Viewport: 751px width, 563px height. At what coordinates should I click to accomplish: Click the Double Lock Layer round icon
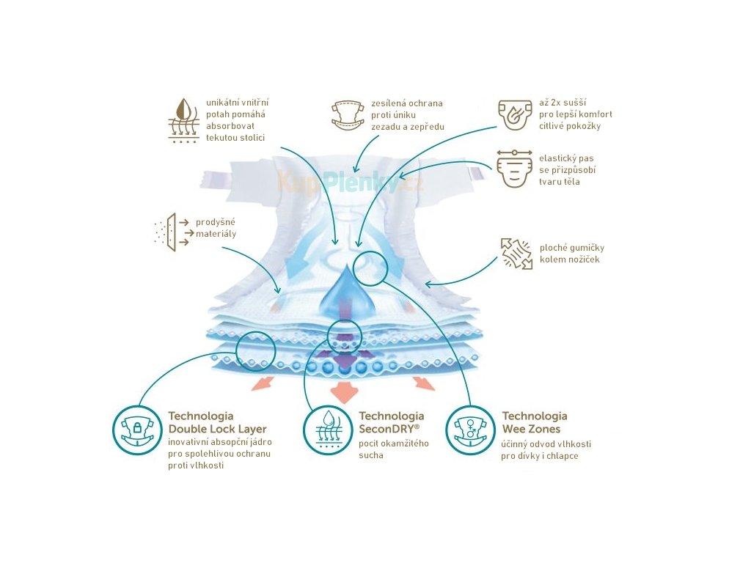tap(137, 430)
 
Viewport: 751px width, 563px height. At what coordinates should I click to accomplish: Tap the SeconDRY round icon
tap(327, 430)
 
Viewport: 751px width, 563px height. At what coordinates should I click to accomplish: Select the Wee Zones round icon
tap(470, 430)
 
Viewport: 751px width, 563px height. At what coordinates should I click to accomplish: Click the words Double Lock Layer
tap(217, 429)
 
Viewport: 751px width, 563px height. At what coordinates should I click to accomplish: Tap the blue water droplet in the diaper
tap(342, 294)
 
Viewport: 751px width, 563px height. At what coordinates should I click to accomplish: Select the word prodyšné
tap(216, 221)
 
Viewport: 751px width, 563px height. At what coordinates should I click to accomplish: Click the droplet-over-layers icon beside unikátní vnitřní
tap(183, 119)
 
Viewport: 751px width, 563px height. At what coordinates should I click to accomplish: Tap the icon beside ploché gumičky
tap(517, 253)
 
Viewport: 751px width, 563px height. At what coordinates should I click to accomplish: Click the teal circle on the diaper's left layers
tap(256, 349)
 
